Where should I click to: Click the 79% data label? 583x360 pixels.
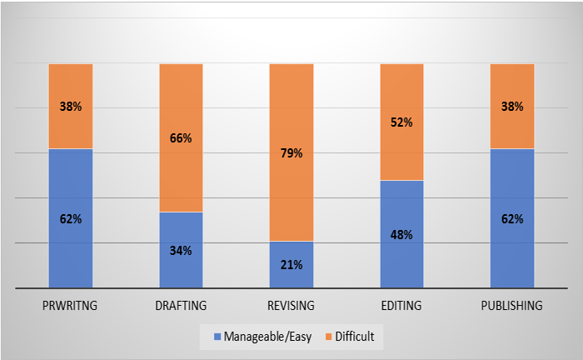pyautogui.click(x=291, y=153)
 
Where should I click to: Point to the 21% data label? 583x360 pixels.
pyautogui.click(x=291, y=265)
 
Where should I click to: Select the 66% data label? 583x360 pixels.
pyautogui.click(x=181, y=138)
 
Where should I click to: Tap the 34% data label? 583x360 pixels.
pyautogui.click(x=181, y=250)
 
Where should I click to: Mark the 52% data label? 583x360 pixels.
pyautogui.click(x=402, y=122)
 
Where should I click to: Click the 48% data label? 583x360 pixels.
pyautogui.click(x=402, y=234)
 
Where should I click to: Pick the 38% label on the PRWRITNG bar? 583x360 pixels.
pyautogui.click(x=71, y=107)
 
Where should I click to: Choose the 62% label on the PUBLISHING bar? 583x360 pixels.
pyautogui.click(x=512, y=219)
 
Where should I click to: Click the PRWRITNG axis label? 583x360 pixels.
pyautogui.click(x=71, y=306)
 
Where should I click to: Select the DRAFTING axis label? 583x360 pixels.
pyautogui.click(x=181, y=306)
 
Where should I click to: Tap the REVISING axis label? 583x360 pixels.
pyautogui.click(x=291, y=306)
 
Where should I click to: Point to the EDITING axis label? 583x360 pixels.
pyautogui.click(x=402, y=306)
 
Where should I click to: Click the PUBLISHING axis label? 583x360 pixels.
pyautogui.click(x=512, y=306)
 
